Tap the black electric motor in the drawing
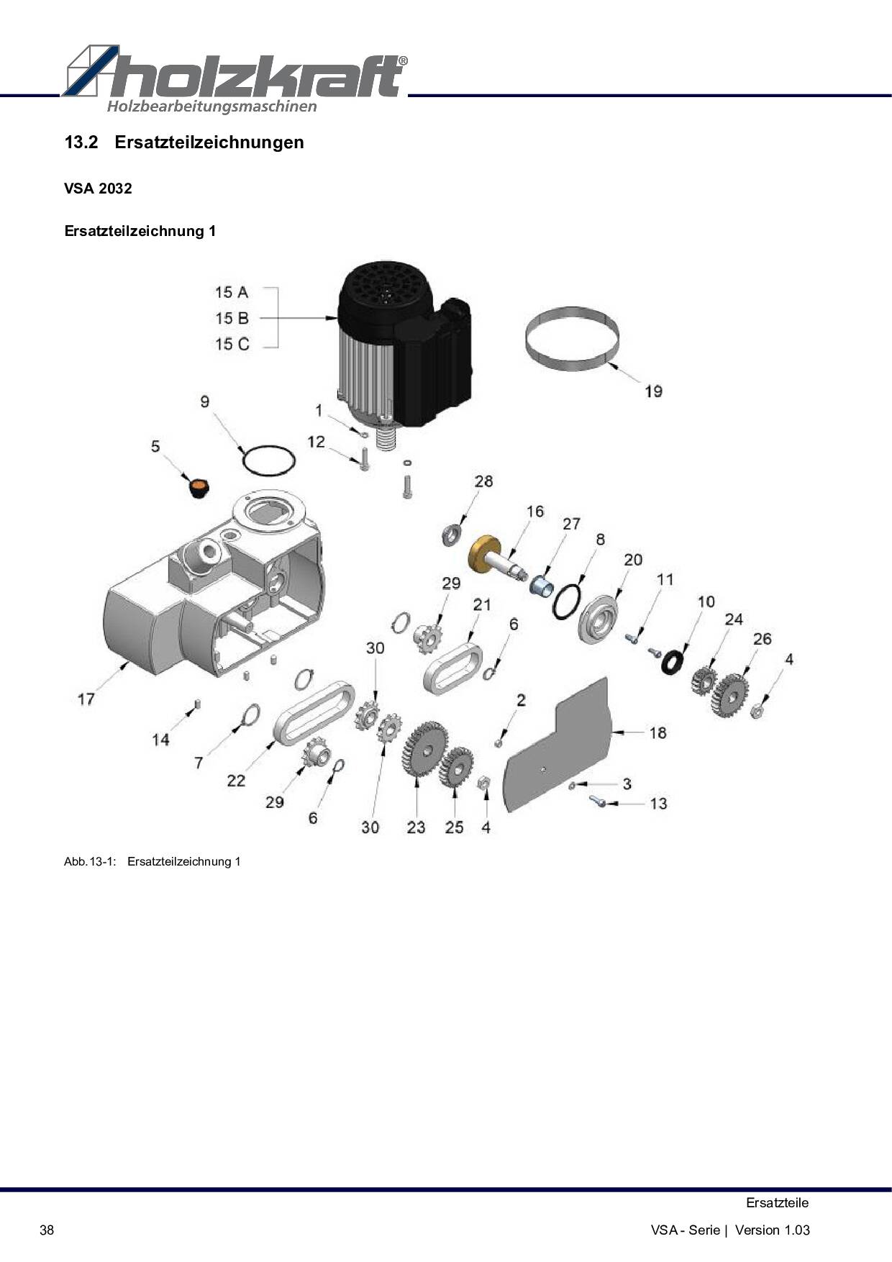click(403, 345)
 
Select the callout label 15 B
click(232, 318)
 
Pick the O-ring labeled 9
click(268, 460)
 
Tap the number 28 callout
click(483, 481)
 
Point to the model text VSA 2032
click(98, 189)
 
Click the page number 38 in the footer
click(47, 1230)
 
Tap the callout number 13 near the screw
click(658, 804)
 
